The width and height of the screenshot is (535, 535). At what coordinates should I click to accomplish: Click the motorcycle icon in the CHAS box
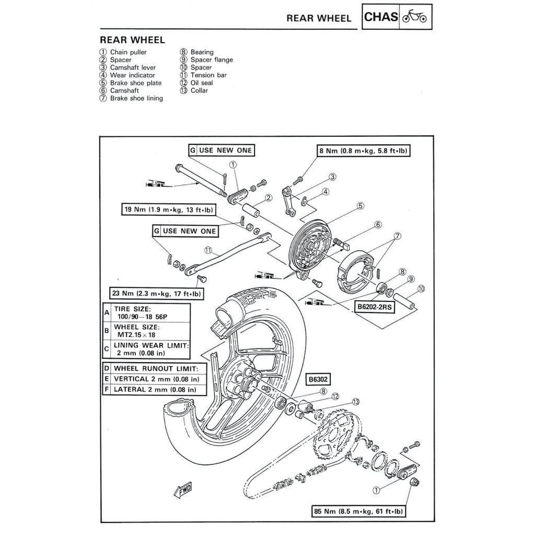415,17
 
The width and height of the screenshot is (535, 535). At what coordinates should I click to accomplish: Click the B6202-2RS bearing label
375,308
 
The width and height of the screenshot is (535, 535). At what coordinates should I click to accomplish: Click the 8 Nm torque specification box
363,151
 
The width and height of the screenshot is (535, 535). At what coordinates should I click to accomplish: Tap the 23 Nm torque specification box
156,293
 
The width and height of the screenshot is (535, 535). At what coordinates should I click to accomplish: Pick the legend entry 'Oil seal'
201,83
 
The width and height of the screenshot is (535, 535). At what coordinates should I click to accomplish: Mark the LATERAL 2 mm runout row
155,389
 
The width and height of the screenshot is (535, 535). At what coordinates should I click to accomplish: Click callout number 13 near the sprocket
356,402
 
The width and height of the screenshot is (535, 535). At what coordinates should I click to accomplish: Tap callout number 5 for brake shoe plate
360,206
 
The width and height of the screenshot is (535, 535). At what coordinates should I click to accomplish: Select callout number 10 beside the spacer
421,288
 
